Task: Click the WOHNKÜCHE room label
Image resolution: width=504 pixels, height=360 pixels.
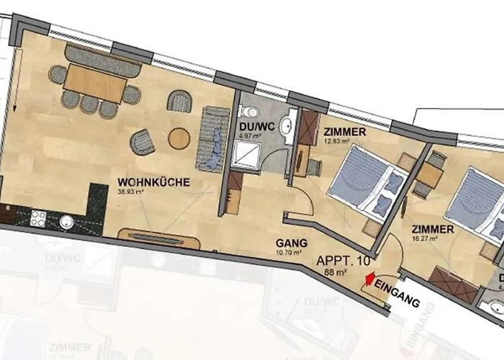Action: (x=154, y=183)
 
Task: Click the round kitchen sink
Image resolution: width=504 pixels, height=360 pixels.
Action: (x=67, y=220)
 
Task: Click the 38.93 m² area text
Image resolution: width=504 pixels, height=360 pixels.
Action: (x=135, y=192)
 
